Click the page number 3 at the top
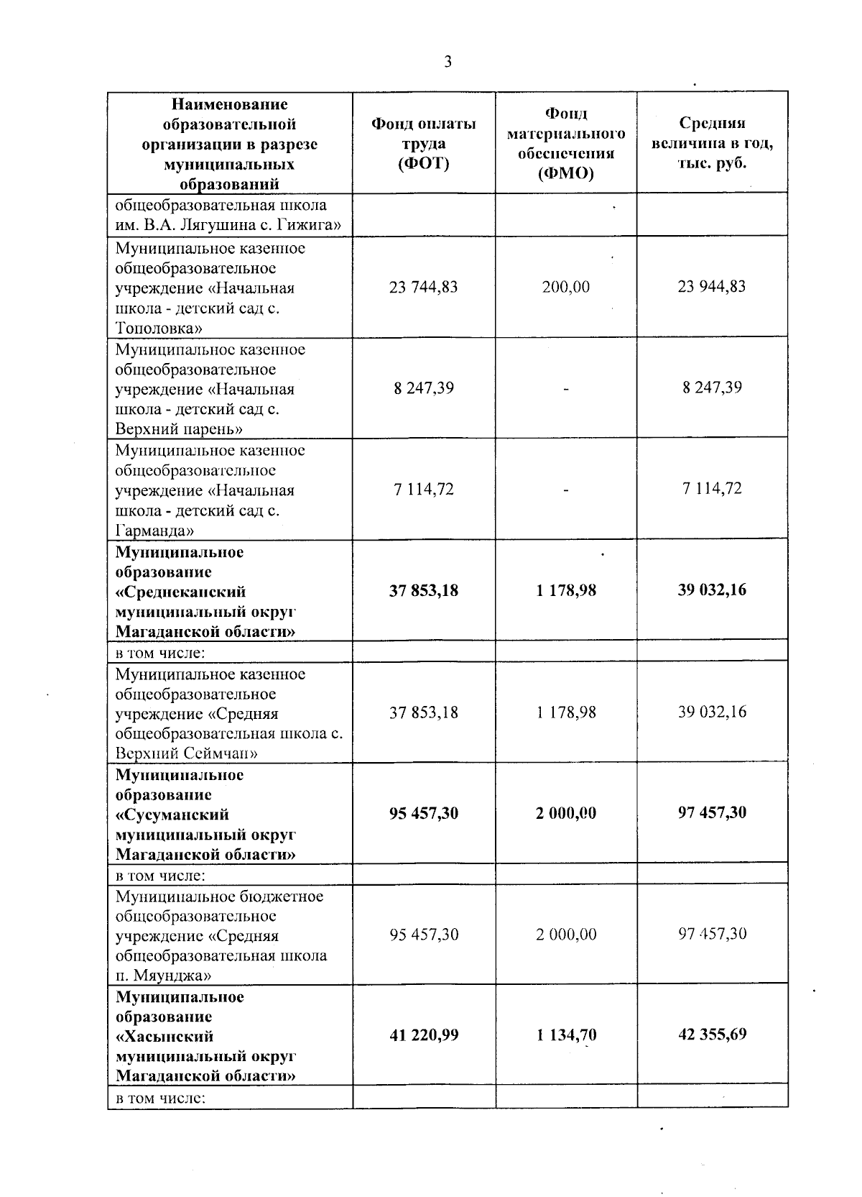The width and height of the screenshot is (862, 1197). click(x=448, y=62)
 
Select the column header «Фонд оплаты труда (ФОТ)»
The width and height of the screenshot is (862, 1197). click(x=423, y=144)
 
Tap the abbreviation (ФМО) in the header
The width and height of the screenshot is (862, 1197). click(x=566, y=174)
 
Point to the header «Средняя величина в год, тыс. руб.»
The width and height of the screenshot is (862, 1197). click(x=712, y=143)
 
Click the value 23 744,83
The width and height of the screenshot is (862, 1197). click(x=423, y=287)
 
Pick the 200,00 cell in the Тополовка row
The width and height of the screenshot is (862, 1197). click(x=566, y=287)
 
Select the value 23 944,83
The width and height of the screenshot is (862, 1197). click(x=712, y=286)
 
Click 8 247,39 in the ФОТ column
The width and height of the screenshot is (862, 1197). click(x=423, y=388)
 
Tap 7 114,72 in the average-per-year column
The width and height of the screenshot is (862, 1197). click(x=712, y=489)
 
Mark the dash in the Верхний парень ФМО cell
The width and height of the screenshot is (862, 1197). click(x=566, y=389)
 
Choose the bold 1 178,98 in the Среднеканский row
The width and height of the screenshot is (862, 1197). click(x=566, y=590)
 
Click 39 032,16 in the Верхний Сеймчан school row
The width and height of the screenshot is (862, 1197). click(x=712, y=712)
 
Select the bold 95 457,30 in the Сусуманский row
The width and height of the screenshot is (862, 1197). click(x=423, y=813)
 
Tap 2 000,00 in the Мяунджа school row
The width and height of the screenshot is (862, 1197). click(x=566, y=935)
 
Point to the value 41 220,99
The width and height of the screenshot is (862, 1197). click(x=423, y=1035)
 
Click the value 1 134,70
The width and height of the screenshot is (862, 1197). click(x=566, y=1035)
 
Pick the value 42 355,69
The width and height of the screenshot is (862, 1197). click(x=712, y=1035)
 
